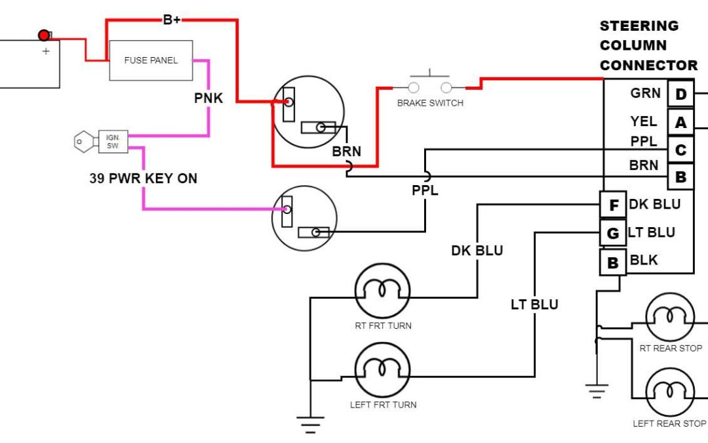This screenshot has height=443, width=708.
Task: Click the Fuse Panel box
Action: point(151,60)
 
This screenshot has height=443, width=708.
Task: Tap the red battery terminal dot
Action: point(44,35)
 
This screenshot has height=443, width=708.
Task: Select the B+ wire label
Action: point(172,20)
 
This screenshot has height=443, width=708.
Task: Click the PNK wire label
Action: point(208,98)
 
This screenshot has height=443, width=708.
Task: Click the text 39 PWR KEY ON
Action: point(143,178)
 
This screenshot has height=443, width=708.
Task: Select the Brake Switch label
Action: point(430,103)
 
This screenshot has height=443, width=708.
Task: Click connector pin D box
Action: point(680,95)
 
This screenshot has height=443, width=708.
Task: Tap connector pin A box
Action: point(680,123)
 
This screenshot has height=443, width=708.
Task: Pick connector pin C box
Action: point(680,150)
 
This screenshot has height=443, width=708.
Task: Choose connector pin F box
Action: point(614,205)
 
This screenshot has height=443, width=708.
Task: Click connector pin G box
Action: point(614,233)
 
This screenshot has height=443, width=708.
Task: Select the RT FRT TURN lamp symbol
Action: point(382,292)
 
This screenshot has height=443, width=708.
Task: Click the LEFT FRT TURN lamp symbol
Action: point(382,371)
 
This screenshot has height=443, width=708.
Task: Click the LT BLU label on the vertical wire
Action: point(534,305)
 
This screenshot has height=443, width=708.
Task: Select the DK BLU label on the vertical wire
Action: point(477,251)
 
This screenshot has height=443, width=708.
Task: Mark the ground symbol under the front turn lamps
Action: point(311,424)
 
